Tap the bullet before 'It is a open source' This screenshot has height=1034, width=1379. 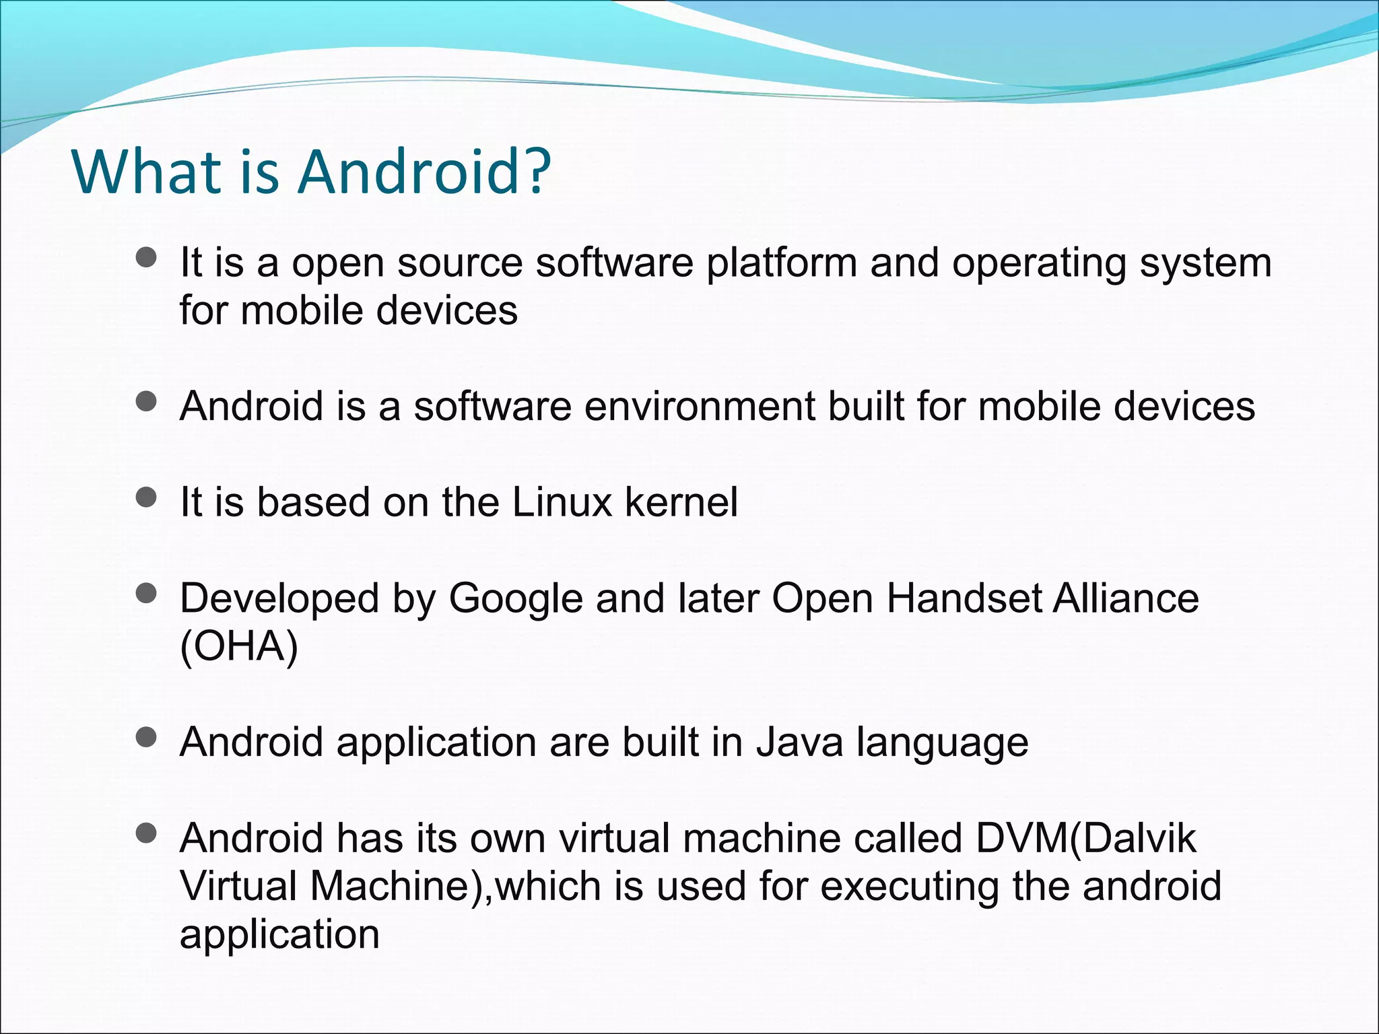(145, 258)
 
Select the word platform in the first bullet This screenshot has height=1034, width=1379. (781, 263)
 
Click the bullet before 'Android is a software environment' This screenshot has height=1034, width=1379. (145, 402)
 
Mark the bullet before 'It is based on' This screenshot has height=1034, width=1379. (145, 498)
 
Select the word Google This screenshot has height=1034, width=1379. (515, 599)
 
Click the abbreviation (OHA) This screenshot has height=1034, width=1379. (239, 646)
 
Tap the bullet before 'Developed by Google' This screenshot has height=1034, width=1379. (145, 594)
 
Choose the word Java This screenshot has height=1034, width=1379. (799, 742)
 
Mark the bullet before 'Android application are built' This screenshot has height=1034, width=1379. (145, 738)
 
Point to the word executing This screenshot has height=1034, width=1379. (910, 887)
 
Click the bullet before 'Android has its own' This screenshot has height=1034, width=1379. (145, 835)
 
